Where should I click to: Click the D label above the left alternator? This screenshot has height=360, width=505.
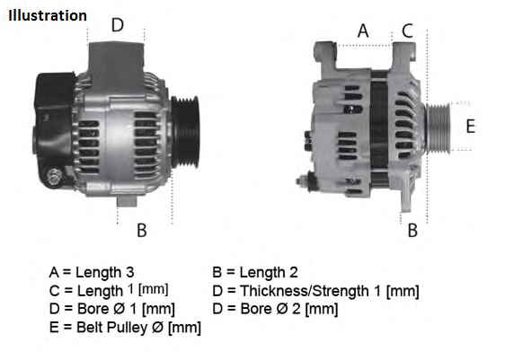pos(117,25)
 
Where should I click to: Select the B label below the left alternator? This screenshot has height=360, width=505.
pos(141,230)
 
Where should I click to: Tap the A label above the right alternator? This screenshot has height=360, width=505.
pos(363,31)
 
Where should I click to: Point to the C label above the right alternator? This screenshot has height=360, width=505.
pos(407,31)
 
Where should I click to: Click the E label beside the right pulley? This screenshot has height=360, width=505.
pos(469,127)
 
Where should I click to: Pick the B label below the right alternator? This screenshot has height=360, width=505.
pos(412,230)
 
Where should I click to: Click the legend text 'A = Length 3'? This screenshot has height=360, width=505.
pos(92,272)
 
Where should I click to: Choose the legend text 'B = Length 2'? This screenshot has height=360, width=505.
pos(254,272)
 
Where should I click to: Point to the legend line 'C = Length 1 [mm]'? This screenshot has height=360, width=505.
pos(109,290)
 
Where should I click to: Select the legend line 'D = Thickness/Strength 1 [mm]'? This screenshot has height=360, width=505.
pos(315,290)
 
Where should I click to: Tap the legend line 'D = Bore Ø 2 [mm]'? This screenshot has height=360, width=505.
pos(275,309)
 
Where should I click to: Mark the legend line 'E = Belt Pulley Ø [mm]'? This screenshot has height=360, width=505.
pos(125,328)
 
